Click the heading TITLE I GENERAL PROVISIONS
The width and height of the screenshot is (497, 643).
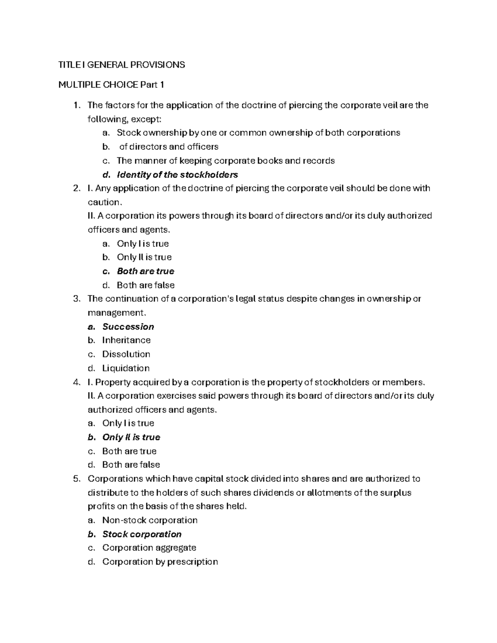coord(121,65)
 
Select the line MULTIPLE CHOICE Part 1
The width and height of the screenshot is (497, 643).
coord(111,85)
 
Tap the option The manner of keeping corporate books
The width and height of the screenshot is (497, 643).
coord(226,161)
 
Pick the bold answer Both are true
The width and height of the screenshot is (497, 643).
coord(145,271)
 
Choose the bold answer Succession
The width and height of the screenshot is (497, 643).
coord(128,327)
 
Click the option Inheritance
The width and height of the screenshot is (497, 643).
coord(126,340)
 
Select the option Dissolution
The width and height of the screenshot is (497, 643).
coord(126,354)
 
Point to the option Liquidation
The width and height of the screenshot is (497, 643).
coord(126,368)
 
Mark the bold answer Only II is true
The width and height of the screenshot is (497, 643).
coord(131,437)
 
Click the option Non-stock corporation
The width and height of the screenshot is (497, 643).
coord(150,520)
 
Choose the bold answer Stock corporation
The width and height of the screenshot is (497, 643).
coord(142,534)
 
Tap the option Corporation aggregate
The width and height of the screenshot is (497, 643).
coord(149,548)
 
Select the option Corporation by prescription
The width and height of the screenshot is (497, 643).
coord(160,562)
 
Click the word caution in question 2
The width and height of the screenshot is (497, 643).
coord(104,202)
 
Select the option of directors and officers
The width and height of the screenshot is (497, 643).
coord(169,147)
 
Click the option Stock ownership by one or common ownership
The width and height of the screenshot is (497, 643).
coord(258,133)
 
